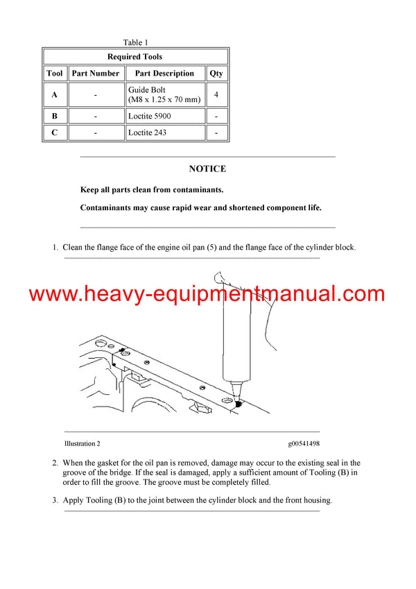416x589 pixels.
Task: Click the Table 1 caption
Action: coord(136,42)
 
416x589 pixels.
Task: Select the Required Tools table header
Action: coord(135,57)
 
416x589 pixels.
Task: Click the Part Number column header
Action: coord(96,74)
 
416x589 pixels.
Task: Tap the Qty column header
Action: coord(216,74)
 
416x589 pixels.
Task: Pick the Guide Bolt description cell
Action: coord(164,95)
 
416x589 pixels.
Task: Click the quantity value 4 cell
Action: coord(216,95)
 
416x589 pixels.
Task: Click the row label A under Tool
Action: coord(55,95)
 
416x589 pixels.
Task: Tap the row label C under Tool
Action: coord(55,133)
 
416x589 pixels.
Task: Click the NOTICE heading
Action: coord(207,169)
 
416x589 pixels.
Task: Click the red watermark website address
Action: coord(207,293)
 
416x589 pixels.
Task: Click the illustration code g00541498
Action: coord(304,443)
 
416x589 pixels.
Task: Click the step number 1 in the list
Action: coord(55,247)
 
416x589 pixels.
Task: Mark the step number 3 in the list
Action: coord(55,500)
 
